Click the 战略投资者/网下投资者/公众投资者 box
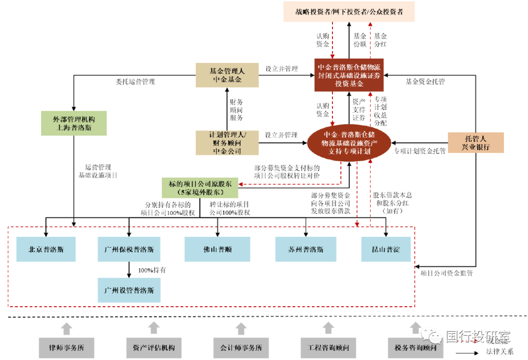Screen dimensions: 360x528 point(349,12)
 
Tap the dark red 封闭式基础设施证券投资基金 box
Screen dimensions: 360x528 point(349,75)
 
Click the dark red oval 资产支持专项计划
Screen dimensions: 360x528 point(349,143)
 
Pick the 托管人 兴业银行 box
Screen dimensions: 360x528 point(476,142)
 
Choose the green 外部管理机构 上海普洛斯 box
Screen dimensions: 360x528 point(73,124)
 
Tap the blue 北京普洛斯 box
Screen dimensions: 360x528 point(46,249)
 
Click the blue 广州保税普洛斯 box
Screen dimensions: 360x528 point(129,249)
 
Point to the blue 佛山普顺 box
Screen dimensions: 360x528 point(218,249)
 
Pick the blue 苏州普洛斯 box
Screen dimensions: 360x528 point(306,249)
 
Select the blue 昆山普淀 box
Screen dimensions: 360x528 point(386,249)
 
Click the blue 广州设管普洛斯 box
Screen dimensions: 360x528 point(129,290)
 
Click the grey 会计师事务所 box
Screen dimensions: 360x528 point(241,348)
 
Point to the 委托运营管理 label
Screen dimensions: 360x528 point(135,82)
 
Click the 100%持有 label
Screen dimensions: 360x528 point(152,270)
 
